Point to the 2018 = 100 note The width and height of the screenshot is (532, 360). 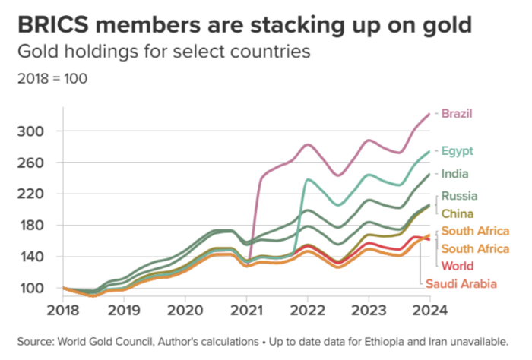[x=46, y=78]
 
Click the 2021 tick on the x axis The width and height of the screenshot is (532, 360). [x=245, y=310]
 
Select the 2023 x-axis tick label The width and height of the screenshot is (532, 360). [x=369, y=310]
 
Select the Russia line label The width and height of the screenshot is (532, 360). [x=459, y=196]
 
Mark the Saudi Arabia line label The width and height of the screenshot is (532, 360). [x=461, y=283]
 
